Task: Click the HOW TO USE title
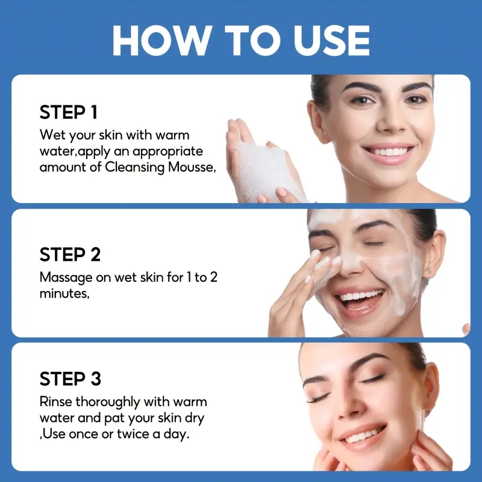point(242,40)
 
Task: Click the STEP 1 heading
point(69,112)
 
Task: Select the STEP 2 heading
point(70,254)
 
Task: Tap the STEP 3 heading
point(70,379)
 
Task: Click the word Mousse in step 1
point(192,167)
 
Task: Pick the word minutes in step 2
point(64,294)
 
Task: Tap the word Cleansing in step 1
point(134,168)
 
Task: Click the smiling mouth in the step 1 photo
point(388,153)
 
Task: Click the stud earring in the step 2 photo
point(430,272)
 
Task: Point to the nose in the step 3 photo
point(351,405)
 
